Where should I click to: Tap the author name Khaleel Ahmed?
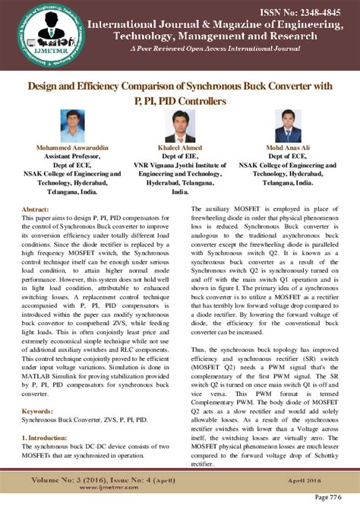click(x=179, y=146)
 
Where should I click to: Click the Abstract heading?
click(x=35, y=207)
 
